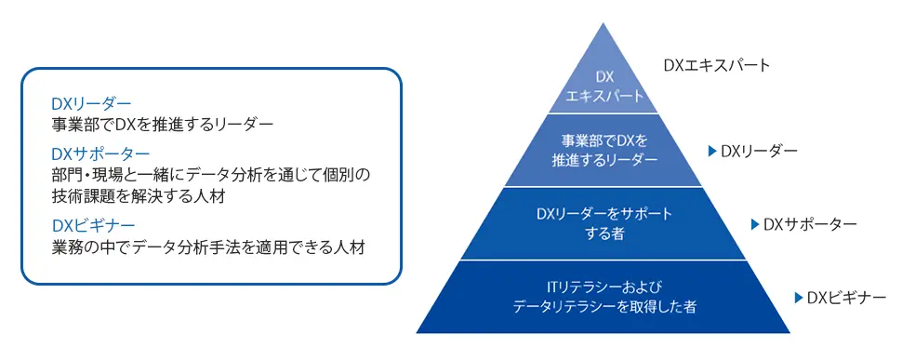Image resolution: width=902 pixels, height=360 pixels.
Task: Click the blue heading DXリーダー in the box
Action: point(92,103)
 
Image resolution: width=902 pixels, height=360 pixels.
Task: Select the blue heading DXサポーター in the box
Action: point(101,153)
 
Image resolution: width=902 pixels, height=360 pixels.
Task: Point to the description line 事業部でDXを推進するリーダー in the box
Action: point(163,123)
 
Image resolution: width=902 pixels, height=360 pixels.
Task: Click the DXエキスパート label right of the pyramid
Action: point(716,66)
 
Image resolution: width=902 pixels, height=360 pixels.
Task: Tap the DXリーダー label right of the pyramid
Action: point(759,150)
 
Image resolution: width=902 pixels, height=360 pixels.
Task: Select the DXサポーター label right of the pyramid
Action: point(808,224)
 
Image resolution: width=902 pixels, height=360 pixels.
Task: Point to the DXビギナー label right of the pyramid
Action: point(846,298)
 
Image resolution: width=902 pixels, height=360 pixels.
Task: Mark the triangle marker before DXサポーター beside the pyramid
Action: point(754,224)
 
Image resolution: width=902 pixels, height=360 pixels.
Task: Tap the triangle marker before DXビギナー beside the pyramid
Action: point(798,298)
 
